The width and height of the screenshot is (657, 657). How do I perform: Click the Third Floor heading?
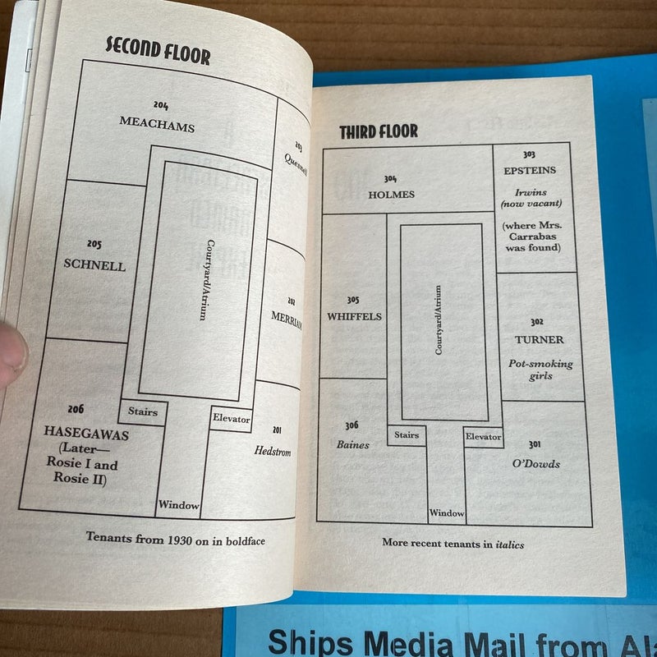(x=379, y=131)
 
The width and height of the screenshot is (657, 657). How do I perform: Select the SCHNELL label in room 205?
(x=95, y=265)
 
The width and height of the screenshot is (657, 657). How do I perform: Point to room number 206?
(x=76, y=409)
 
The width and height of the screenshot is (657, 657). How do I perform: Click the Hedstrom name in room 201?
(x=273, y=451)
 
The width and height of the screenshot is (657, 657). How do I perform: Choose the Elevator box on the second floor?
(x=231, y=419)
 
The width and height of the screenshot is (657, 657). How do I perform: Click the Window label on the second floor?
(x=179, y=505)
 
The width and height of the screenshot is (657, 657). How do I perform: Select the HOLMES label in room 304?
(x=392, y=195)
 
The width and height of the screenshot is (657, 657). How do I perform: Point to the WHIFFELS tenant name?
(x=353, y=316)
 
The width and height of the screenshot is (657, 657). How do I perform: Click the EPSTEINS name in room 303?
(x=530, y=170)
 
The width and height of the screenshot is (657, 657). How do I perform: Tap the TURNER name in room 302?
(x=539, y=339)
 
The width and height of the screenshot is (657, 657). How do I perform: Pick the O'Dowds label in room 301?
(x=535, y=464)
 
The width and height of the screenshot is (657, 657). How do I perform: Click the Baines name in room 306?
(x=352, y=445)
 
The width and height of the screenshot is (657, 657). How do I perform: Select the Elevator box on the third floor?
(x=483, y=437)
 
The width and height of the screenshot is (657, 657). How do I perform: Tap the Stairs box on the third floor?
(x=407, y=435)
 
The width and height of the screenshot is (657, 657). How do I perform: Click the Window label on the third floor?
(x=447, y=513)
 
